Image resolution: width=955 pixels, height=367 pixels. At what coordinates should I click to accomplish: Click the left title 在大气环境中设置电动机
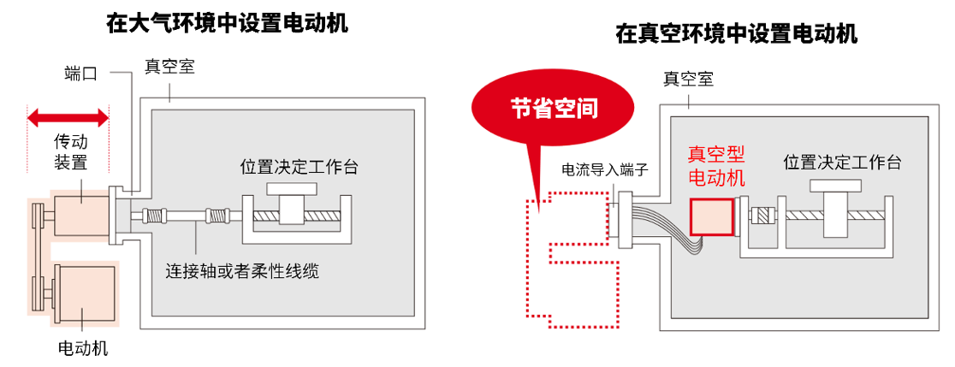coord(227,23)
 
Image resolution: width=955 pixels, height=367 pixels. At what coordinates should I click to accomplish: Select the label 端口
coord(80,74)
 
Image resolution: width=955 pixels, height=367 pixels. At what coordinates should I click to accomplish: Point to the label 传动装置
coord(71,152)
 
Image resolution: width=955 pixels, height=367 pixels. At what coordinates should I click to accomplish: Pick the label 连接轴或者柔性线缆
coord(242,271)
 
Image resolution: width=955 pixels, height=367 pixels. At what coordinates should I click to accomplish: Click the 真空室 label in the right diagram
coord(688,79)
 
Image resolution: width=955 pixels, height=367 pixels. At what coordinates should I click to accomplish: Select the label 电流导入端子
coord(606,169)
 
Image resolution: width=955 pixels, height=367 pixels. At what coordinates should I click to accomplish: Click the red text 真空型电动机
coord(716,165)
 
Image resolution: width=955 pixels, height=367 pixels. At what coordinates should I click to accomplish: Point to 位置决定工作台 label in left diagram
coord(299,166)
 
